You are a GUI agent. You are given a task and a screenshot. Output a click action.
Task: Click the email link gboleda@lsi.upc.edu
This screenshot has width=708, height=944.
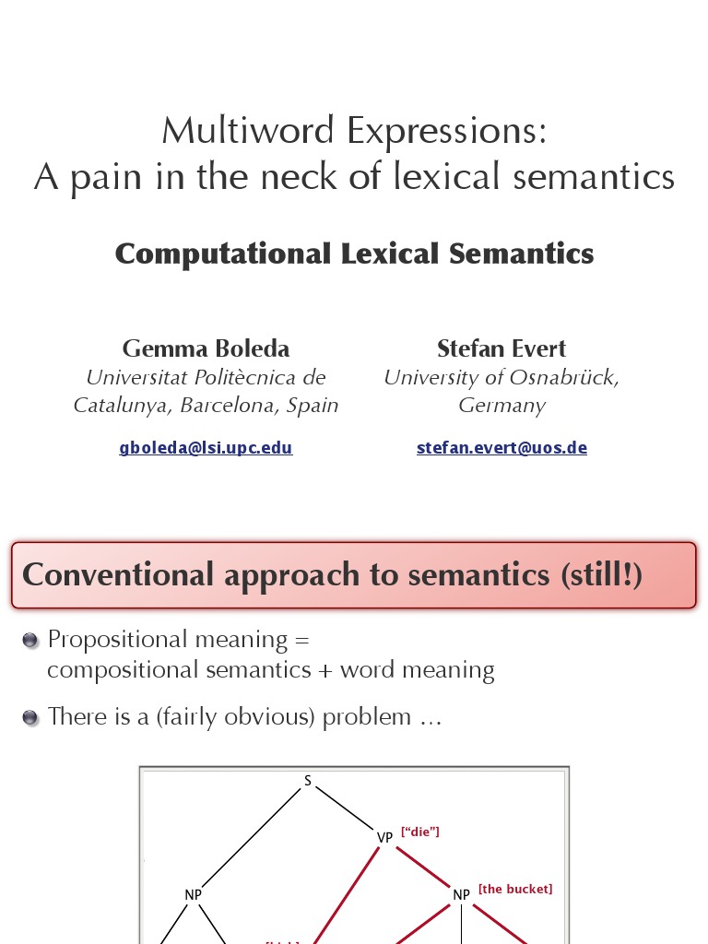206,448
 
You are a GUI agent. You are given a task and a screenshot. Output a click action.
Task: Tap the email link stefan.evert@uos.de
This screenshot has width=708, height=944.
501,448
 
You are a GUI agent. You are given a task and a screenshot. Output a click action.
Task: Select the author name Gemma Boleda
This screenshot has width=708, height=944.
206,348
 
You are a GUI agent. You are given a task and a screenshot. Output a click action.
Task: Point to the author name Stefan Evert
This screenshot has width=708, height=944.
501,348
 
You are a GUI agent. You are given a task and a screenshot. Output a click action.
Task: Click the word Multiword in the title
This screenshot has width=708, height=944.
249,131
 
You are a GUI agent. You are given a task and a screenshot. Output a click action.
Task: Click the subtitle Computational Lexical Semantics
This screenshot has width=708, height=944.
354,254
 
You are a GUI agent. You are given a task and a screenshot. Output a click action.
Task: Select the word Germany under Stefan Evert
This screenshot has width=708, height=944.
501,406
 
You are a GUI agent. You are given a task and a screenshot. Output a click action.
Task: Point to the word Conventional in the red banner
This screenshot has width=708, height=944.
118,574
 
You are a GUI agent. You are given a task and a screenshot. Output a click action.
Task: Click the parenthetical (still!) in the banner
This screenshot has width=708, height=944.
601,574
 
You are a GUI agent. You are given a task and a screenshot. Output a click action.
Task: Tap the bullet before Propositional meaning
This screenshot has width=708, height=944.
31,641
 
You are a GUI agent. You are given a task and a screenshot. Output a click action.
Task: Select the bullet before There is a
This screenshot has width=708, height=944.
31,717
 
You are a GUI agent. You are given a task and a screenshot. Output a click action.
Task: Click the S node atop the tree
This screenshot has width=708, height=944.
308,782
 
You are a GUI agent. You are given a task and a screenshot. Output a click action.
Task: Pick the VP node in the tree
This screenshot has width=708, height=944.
385,837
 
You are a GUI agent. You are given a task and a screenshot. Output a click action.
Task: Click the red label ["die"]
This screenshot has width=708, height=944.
419,832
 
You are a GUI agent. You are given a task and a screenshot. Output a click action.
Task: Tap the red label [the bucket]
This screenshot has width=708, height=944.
514,890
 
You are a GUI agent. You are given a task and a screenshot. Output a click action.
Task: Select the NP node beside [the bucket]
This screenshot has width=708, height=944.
461,894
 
